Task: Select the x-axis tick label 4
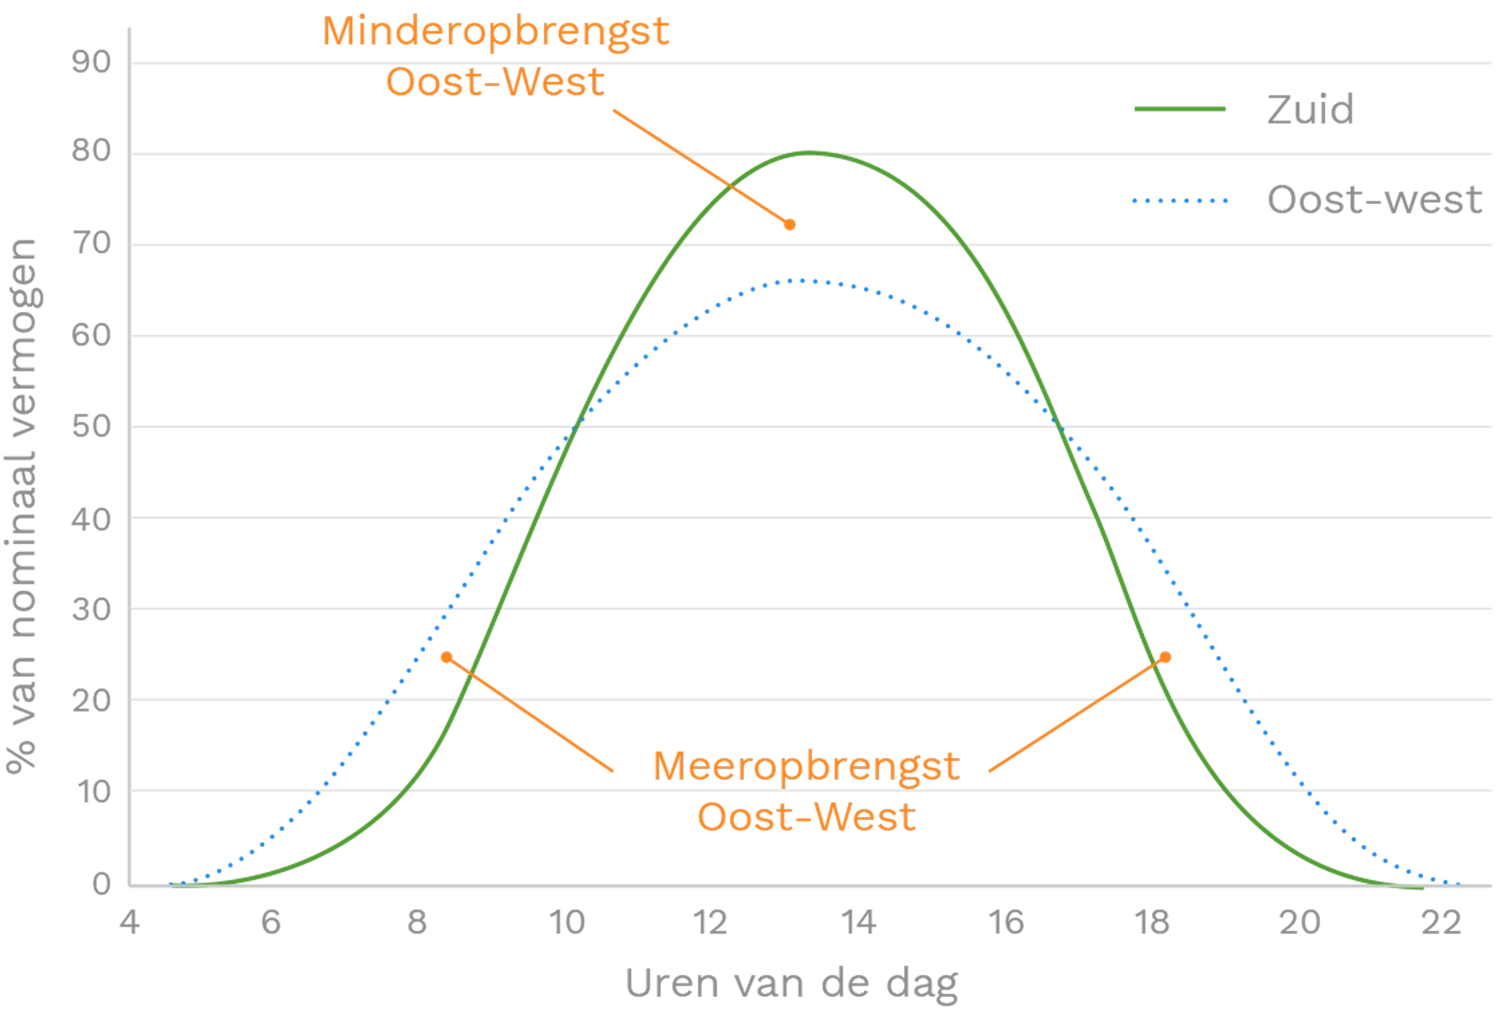click(129, 923)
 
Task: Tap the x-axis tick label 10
click(566, 923)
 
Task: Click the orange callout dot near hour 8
click(446, 657)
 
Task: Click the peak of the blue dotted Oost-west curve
click(802, 281)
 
